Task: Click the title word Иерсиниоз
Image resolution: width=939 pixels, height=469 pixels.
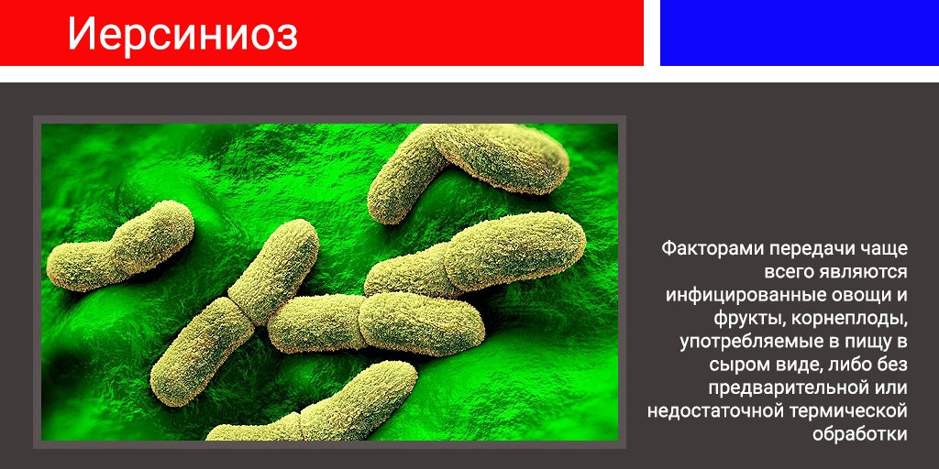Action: pyautogui.click(x=182, y=34)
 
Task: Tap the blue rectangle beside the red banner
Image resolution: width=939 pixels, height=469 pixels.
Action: pyautogui.click(x=800, y=32)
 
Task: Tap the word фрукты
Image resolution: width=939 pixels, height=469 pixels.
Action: pyautogui.click(x=749, y=319)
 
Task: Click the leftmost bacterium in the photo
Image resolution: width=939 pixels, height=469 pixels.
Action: pyautogui.click(x=120, y=245)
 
